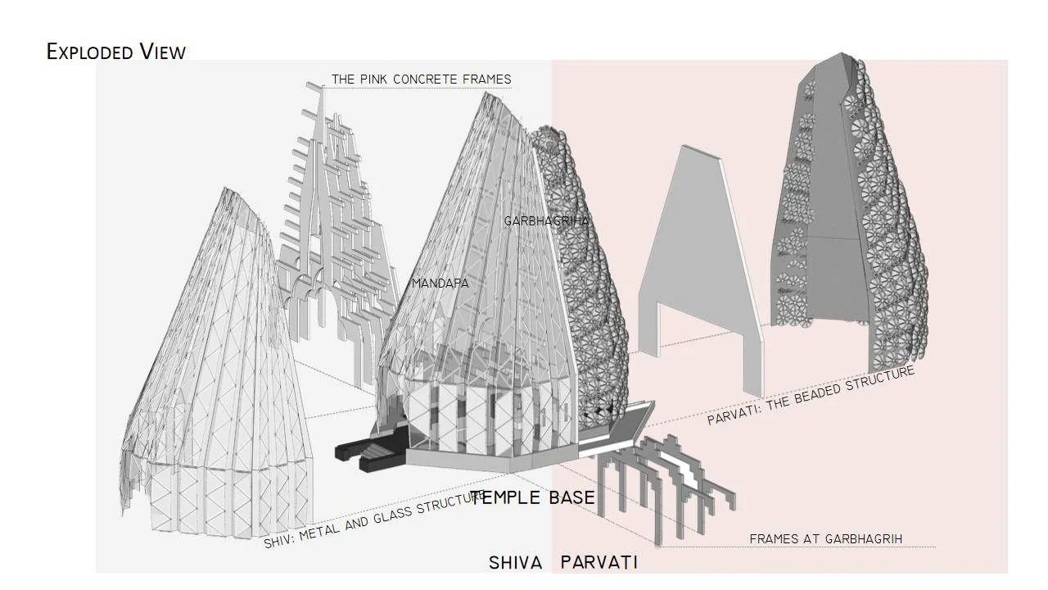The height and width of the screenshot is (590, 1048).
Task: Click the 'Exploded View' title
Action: point(116,52)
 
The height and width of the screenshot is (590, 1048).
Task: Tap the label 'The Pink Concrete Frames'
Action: point(422,79)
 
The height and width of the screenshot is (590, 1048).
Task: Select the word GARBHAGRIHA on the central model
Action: point(546,221)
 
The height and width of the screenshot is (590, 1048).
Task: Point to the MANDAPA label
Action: point(440,284)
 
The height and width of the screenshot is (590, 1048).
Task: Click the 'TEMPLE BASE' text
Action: point(532,497)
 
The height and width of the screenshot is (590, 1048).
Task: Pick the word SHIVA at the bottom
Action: point(516,562)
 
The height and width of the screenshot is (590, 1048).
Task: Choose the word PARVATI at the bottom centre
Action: point(599,562)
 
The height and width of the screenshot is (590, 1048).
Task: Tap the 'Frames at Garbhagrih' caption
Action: point(826,539)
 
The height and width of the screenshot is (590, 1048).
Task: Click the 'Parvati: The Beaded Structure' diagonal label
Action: point(811,396)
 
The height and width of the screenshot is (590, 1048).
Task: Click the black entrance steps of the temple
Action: point(369,451)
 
